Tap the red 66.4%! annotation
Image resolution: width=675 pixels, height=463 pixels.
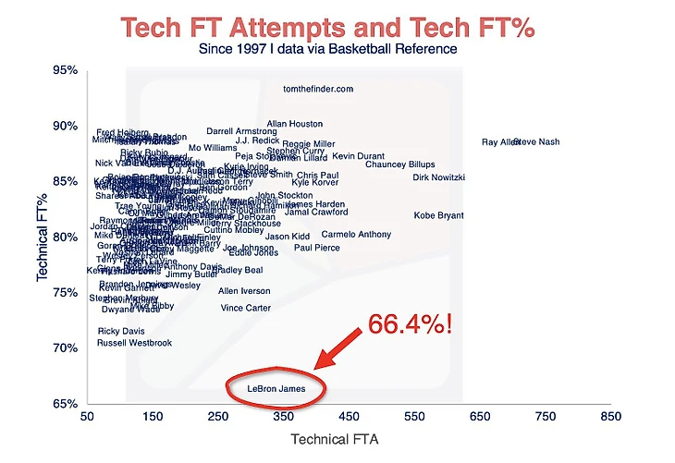[410, 325]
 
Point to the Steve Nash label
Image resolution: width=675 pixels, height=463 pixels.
[536, 142]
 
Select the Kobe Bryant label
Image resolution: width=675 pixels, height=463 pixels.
[439, 215]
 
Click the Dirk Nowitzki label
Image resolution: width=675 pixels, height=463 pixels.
[438, 177]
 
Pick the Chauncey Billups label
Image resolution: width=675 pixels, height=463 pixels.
[399, 164]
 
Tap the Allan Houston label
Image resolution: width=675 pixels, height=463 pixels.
[295, 123]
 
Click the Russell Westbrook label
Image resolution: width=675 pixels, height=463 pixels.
[135, 343]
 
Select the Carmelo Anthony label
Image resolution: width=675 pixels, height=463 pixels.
[356, 235]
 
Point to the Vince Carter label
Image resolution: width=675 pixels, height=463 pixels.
[246, 308]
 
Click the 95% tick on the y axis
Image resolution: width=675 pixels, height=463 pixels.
[65, 70]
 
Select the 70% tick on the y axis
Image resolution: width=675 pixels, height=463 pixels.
[65, 348]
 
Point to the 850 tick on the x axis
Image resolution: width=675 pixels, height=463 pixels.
[609, 418]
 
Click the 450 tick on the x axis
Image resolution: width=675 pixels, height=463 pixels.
[349, 418]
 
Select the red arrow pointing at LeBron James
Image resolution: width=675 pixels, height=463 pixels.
[338, 348]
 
